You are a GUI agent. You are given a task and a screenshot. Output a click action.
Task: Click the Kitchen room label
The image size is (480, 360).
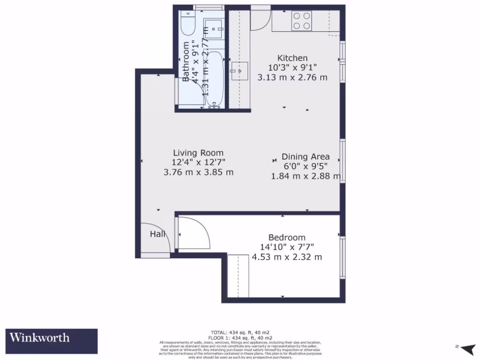point(292,58)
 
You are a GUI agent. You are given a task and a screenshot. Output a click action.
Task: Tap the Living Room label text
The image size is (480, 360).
point(198,153)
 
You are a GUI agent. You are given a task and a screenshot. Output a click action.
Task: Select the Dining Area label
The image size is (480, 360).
point(305,157)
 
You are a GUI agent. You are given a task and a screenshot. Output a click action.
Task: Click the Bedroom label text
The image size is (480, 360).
point(287,238)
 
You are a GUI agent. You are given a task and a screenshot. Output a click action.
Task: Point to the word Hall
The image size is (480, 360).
point(157,234)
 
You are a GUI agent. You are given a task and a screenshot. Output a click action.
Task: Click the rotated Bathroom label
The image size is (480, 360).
point(186,62)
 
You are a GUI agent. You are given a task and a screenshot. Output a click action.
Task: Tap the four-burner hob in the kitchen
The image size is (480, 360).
point(302,20)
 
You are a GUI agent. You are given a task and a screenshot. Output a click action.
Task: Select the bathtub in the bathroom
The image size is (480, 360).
point(215,80)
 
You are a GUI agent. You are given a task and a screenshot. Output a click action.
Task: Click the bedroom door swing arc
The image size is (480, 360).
point(195,233)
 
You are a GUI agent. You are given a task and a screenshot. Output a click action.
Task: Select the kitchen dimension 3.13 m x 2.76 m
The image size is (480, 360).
point(292,77)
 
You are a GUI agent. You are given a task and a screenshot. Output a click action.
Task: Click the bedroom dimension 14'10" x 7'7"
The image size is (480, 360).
point(287,247)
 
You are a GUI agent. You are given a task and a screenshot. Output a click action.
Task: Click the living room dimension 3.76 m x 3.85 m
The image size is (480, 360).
point(198,172)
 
